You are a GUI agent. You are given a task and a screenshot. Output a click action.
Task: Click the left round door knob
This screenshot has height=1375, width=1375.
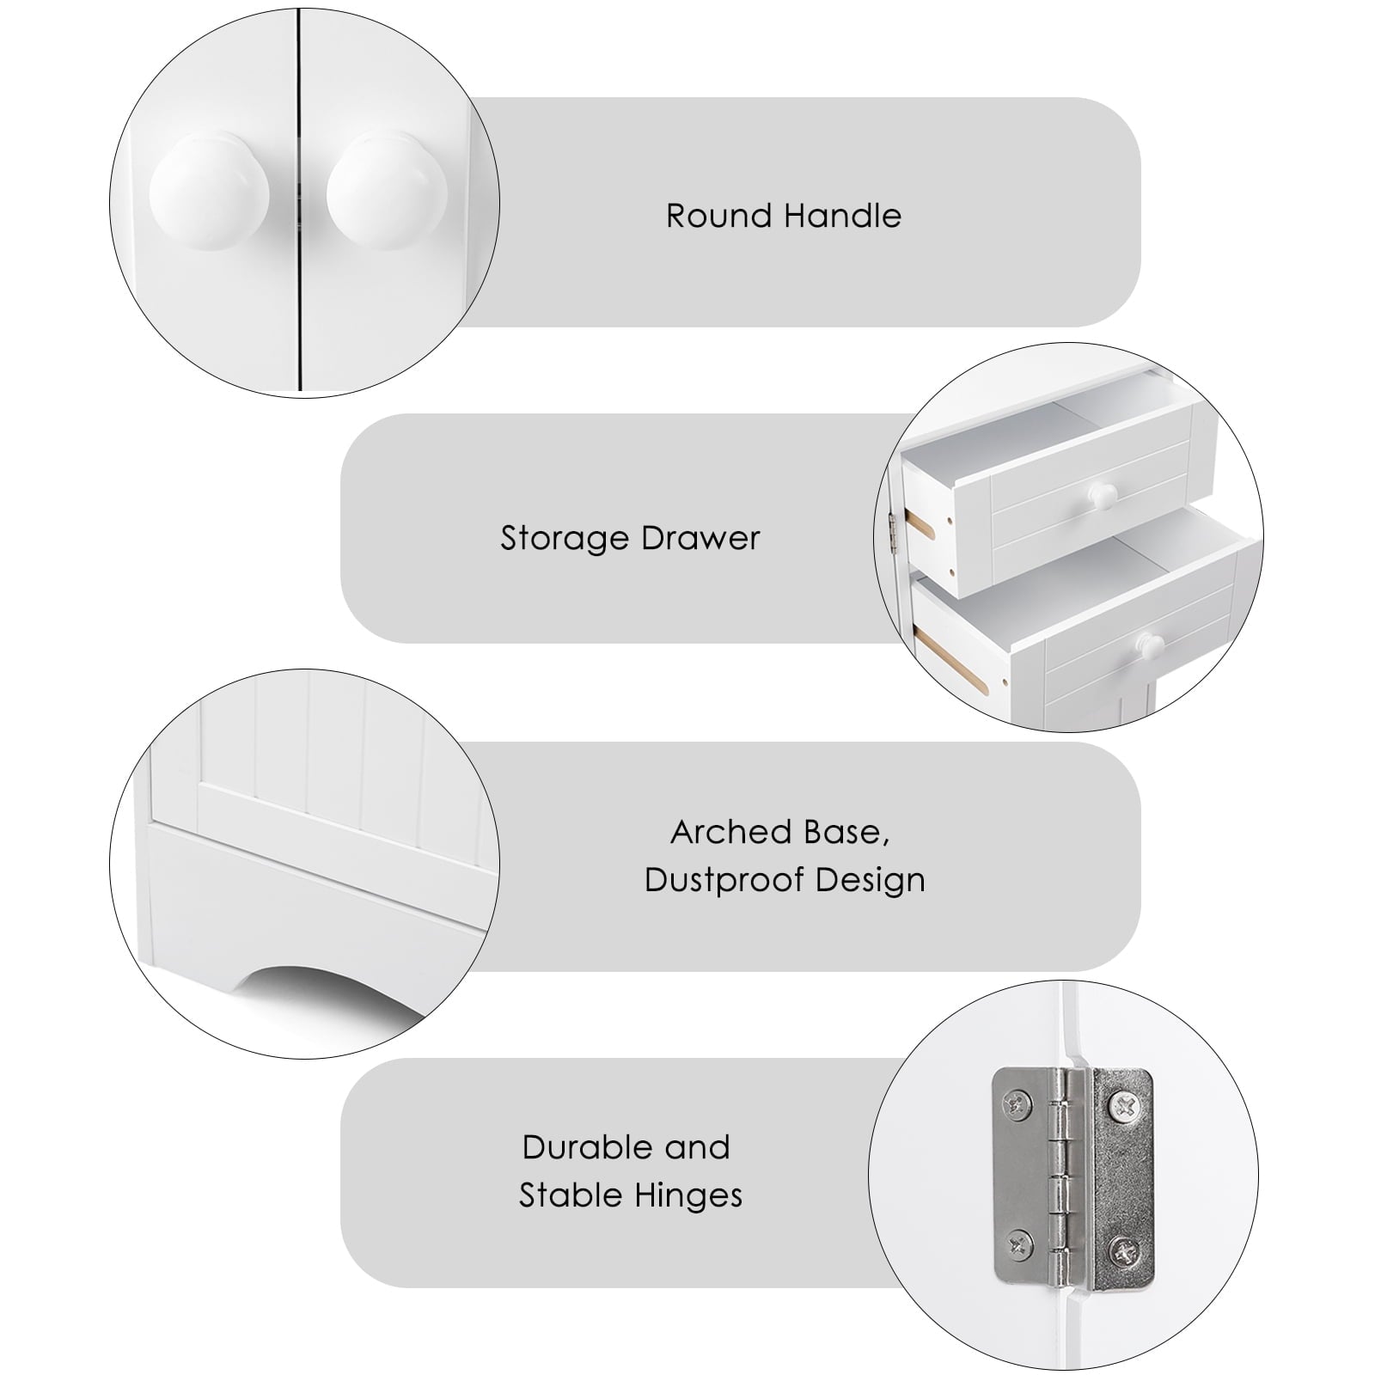click(x=209, y=192)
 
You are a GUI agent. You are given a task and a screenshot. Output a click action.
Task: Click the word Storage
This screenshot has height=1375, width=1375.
click(x=565, y=539)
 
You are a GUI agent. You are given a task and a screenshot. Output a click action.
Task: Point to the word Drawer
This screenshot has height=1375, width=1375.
click(x=700, y=539)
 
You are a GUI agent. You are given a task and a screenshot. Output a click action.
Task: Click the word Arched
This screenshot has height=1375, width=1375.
click(x=732, y=832)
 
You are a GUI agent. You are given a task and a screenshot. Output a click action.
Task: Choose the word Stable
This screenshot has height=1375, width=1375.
click(x=571, y=1195)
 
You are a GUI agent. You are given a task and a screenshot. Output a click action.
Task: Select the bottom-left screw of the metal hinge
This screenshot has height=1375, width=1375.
click(x=1018, y=1239)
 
